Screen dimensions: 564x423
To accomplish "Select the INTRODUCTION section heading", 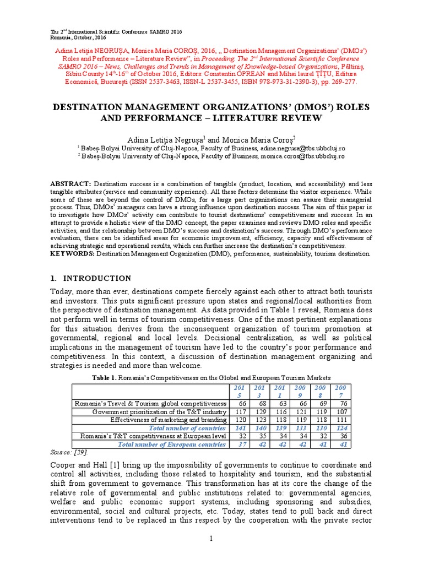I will pos(96,278).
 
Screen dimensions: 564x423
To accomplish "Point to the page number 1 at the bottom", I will pos(211,538).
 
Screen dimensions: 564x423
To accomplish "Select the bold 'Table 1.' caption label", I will pos(107,377).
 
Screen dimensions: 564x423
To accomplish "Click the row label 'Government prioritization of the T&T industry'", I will pos(159,412).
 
